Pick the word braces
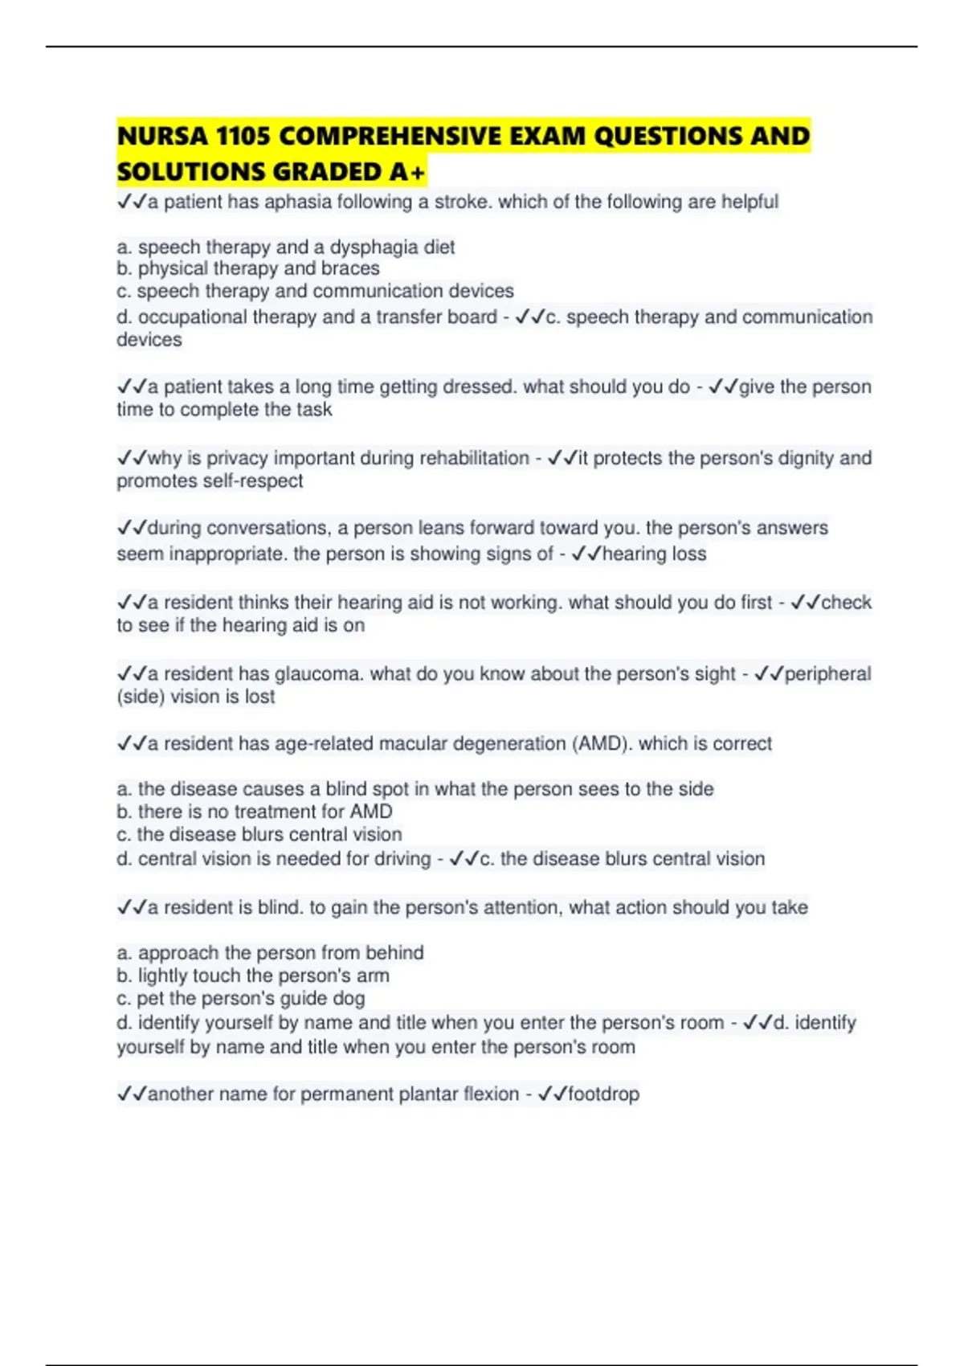point(350,268)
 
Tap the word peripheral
point(827,674)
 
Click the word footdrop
point(603,1094)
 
